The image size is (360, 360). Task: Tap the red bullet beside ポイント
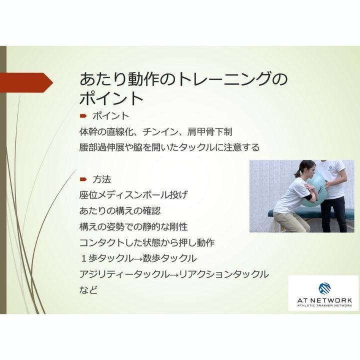tap(83, 115)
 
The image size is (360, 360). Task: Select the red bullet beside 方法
tap(83, 178)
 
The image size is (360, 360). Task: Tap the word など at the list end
tap(88, 290)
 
